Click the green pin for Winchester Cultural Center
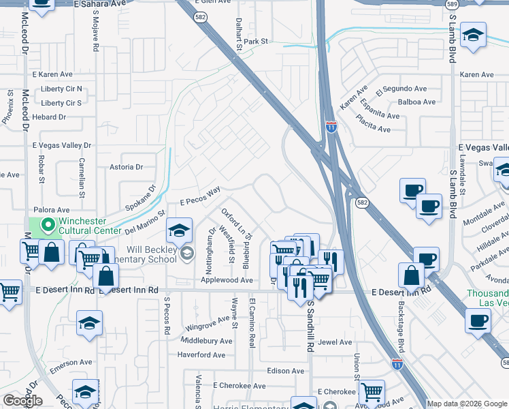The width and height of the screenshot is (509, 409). tap(48, 224)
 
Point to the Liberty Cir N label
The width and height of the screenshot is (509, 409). tap(61, 89)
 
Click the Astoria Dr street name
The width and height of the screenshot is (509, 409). tap(127, 166)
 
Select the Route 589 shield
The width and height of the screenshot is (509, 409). tap(453, 4)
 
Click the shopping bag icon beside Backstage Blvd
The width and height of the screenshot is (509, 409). tap(411, 275)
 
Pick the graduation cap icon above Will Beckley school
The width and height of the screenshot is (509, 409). tap(179, 230)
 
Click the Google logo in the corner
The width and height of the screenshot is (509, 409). tap(22, 401)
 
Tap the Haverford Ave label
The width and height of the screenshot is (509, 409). tap(201, 355)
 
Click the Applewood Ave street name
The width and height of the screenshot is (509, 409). tap(227, 280)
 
